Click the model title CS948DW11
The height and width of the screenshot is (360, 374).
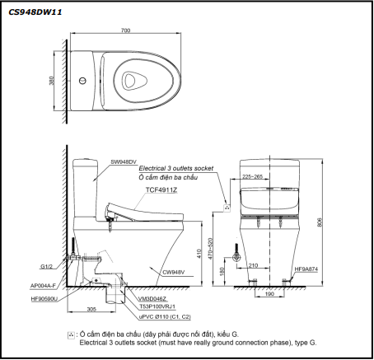[35, 12]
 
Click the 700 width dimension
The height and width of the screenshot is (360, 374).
[125, 30]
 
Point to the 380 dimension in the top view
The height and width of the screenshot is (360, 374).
[52, 81]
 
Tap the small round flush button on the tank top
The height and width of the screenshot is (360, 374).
[82, 81]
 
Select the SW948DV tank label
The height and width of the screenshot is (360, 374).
[124, 162]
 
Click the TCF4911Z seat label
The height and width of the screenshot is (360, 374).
[161, 189]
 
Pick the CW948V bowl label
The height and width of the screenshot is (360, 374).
[174, 273]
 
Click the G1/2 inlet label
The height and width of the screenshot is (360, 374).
[46, 266]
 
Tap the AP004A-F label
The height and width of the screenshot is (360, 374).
[43, 286]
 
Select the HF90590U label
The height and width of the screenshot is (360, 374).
[44, 299]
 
